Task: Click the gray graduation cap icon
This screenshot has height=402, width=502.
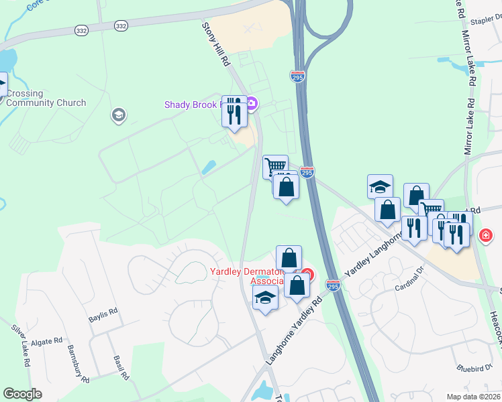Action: tap(119, 116)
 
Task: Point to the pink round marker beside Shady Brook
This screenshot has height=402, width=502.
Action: tap(252, 103)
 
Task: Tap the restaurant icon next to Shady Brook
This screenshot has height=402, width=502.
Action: tap(234, 111)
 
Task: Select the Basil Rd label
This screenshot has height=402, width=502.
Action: tap(121, 368)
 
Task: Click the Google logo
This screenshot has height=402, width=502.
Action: tap(22, 394)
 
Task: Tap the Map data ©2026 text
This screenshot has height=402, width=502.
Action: tap(474, 397)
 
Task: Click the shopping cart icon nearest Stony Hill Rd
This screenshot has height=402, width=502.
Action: tap(275, 165)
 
